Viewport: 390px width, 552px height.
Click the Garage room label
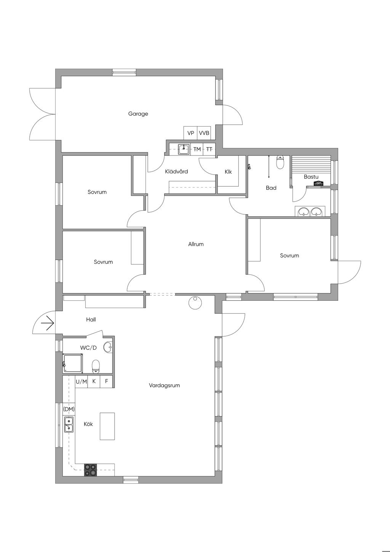(138, 114)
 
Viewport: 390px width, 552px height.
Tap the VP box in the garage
(190, 133)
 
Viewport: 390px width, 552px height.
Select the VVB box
(204, 133)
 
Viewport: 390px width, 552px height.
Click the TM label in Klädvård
(197, 149)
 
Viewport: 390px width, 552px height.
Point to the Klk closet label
(228, 172)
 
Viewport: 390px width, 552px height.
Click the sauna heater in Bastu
(319, 183)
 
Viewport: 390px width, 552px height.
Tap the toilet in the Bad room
(280, 162)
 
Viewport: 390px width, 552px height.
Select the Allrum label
(196, 244)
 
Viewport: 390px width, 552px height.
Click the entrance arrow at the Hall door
(47, 323)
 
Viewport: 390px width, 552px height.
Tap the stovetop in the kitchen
(90, 470)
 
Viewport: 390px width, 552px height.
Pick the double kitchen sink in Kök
(69, 424)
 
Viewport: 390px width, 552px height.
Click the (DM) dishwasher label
(69, 409)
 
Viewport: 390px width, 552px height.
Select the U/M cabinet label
(81, 382)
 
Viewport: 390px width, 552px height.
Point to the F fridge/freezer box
(106, 382)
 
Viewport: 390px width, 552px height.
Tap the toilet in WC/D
(96, 366)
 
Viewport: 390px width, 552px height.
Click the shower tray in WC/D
(73, 363)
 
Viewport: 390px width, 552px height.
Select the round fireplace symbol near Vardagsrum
(195, 302)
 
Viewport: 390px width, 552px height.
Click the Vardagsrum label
(164, 385)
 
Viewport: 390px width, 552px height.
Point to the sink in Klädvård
(184, 149)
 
